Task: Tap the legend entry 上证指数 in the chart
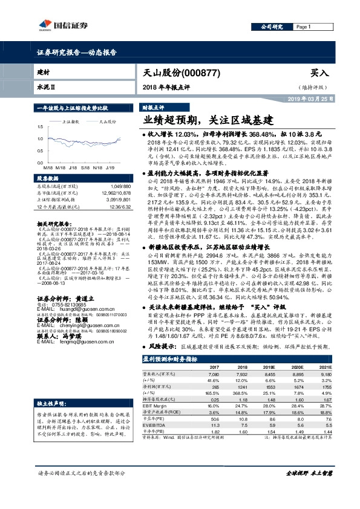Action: click(x=72, y=121)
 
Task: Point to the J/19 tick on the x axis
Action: click(x=111, y=167)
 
